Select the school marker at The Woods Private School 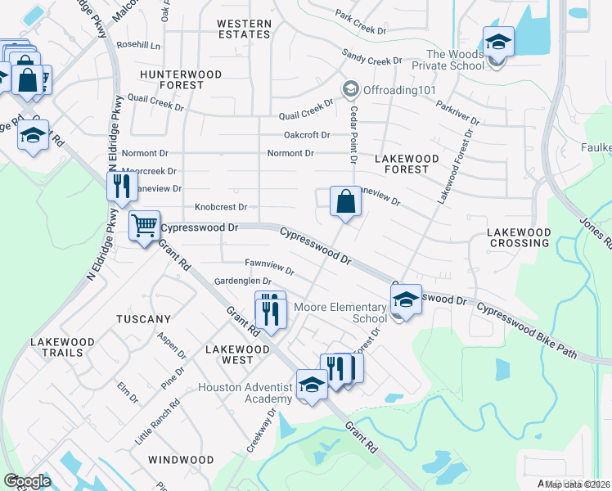coord(497,40)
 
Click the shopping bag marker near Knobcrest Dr coord(345,200)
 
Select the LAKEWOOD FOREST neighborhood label coord(407,164)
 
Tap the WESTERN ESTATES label coord(244,29)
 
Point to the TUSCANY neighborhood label coord(143,319)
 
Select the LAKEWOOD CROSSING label coord(519,238)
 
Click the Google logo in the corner coord(27,481)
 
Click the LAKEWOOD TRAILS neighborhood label coord(57,346)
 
